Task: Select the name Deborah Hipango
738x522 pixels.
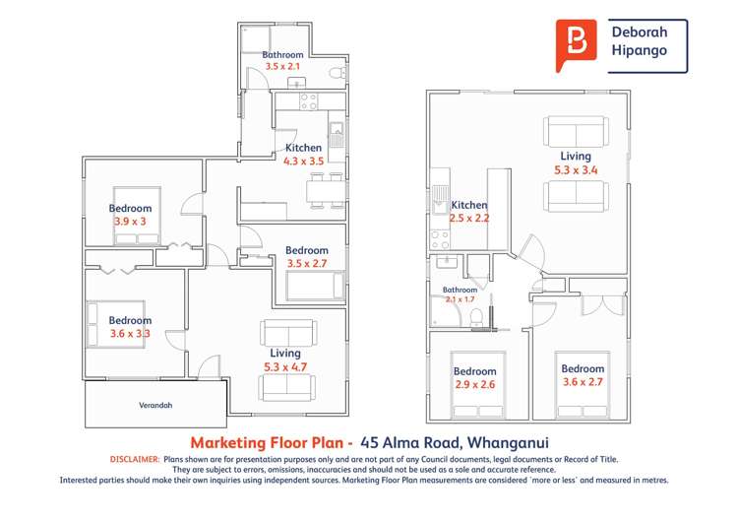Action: pos(646,44)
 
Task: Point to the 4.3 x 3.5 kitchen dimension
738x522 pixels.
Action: pos(303,161)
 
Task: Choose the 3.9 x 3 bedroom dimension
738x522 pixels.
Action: pos(130,222)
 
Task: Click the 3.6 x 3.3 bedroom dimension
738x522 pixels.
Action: pos(130,334)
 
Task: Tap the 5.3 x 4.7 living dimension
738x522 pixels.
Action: pos(285,366)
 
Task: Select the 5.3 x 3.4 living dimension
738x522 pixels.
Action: pos(576,170)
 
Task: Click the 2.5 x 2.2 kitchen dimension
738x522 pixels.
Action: pos(469,218)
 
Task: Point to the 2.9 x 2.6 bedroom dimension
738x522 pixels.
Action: pos(474,385)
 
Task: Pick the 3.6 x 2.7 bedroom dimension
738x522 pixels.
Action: pos(583,382)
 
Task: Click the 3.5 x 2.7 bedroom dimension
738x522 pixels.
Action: pos(307,263)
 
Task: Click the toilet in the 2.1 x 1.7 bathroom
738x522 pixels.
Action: pos(477,316)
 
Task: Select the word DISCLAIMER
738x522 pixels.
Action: pos(135,459)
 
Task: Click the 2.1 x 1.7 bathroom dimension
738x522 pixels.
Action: pos(460,298)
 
